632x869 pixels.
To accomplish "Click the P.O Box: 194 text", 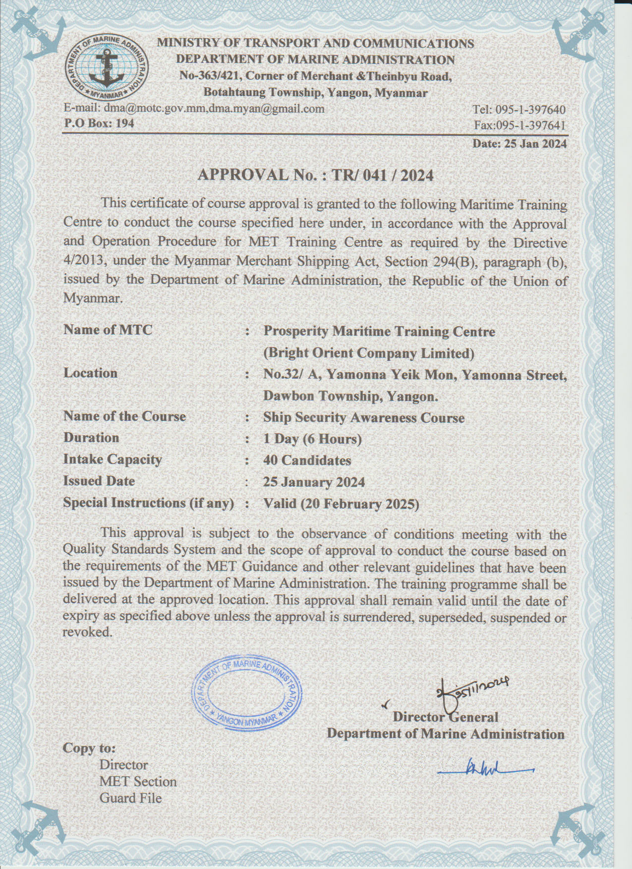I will pyautogui.click(x=99, y=123).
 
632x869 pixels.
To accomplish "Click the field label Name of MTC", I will pyautogui.click(x=108, y=330).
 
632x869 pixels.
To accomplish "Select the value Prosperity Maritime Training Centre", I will pyautogui.click(x=379, y=331).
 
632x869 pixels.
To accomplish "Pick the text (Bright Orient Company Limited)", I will pyautogui.click(x=368, y=353).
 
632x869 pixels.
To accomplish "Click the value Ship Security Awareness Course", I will pyautogui.click(x=364, y=417).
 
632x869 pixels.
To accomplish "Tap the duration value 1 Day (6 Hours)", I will pyautogui.click(x=312, y=439).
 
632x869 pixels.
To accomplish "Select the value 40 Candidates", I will pyautogui.click(x=307, y=461).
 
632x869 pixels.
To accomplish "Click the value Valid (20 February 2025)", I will pyautogui.click(x=341, y=504).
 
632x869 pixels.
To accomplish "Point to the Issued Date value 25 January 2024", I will pyautogui.click(x=314, y=482).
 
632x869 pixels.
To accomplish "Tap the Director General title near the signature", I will pyautogui.click(x=445, y=717).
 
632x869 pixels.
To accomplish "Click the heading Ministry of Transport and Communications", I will pyautogui.click(x=315, y=44).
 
